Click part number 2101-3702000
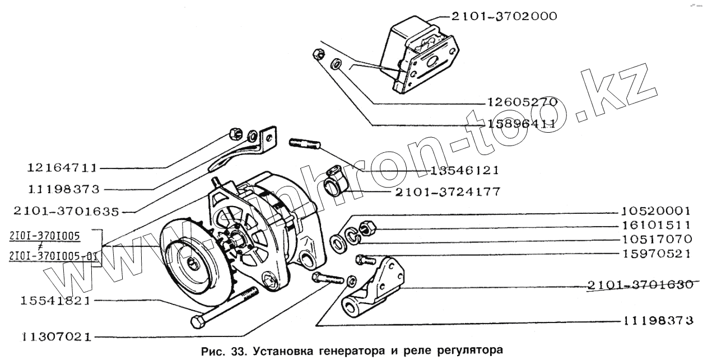click(504, 16)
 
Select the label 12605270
click(522, 102)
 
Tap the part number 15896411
click(522, 124)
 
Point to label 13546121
click(464, 171)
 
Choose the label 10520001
click(657, 211)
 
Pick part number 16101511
click(657, 225)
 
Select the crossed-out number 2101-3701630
click(640, 285)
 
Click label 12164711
click(62, 168)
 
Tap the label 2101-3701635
click(66, 212)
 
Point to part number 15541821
click(55, 301)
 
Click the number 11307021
click(57, 337)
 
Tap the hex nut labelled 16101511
click(366, 228)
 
